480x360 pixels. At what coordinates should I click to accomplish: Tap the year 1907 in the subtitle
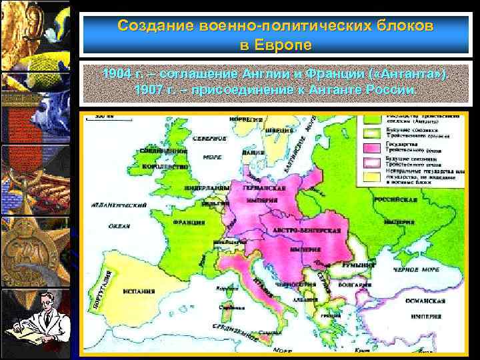point(147,89)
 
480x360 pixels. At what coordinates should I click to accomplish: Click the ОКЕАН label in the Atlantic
point(117,225)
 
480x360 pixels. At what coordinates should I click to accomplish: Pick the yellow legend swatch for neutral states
point(371,175)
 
